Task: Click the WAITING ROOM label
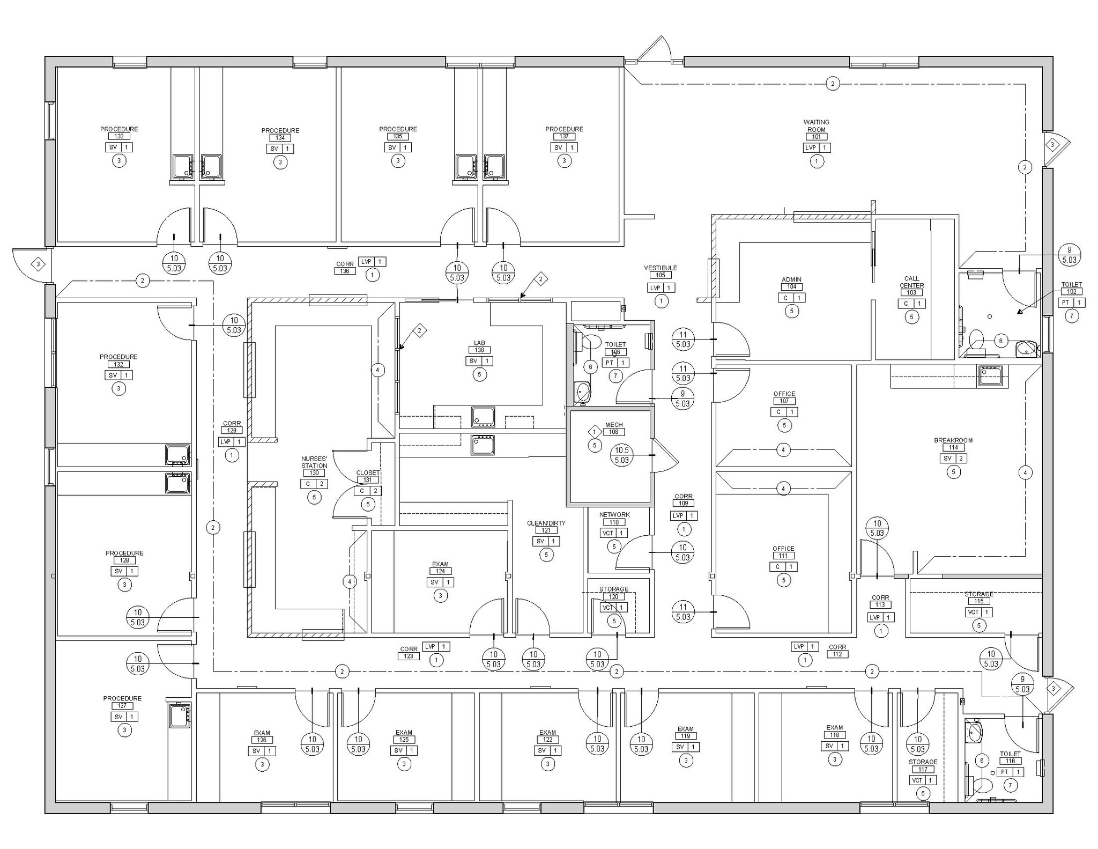tap(816, 125)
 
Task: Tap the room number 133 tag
tap(119, 136)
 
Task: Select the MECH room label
tap(614, 425)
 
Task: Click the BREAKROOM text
tap(953, 440)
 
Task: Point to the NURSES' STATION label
tap(314, 462)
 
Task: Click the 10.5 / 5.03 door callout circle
tap(621, 455)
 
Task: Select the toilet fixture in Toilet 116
tap(983, 786)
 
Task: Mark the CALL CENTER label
tap(911, 282)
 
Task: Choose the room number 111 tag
tap(783, 556)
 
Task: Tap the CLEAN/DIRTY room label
tap(546, 523)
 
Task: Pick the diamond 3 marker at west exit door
tap(38, 264)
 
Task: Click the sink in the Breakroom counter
tap(990, 375)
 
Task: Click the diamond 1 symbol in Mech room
tap(594, 431)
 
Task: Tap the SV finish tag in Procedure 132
tap(113, 375)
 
